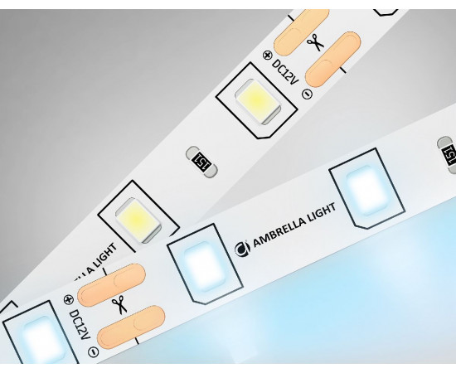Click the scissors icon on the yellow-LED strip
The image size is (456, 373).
(316, 43)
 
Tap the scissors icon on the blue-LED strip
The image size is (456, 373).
(119, 304)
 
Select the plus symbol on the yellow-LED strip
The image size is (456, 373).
(267, 56)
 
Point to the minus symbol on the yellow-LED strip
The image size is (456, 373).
(307, 94)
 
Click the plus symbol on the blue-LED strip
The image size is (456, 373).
(68, 300)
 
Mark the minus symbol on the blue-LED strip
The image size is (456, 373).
(94, 352)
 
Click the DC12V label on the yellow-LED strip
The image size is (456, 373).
(285, 71)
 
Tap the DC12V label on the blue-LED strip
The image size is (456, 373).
(80, 325)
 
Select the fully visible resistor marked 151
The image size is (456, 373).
(201, 162)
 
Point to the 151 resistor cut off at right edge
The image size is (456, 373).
(447, 155)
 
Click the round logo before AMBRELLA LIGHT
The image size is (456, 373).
(242, 249)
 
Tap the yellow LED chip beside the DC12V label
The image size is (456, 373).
(258, 102)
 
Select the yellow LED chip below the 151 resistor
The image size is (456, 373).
(138, 220)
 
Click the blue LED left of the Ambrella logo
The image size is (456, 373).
(205, 264)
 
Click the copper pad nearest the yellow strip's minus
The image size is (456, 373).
(333, 59)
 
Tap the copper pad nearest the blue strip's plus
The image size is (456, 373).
(111, 285)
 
